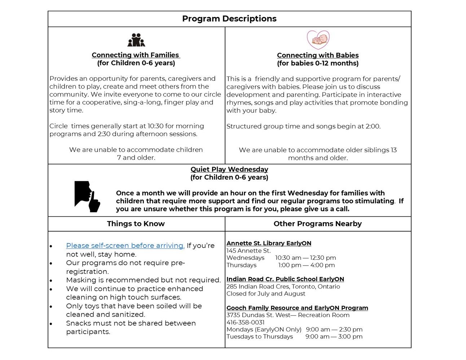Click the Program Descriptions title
tap(229, 19)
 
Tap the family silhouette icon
tap(136, 40)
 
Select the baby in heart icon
tap(318, 40)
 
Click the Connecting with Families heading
tap(136, 55)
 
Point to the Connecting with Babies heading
tap(318, 55)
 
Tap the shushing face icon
tap(87, 196)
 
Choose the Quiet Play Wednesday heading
tap(229, 169)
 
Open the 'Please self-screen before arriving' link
tap(125, 245)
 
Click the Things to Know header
tap(136, 224)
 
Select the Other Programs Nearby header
tap(317, 224)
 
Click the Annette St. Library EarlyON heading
tap(269, 243)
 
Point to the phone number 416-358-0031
tap(245, 322)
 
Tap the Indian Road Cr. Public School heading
tap(285, 279)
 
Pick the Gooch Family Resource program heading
tap(297, 308)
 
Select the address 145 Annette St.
tap(249, 251)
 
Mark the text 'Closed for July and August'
tap(266, 294)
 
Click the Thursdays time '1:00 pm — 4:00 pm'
tap(306, 265)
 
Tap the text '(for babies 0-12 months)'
tap(318, 63)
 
